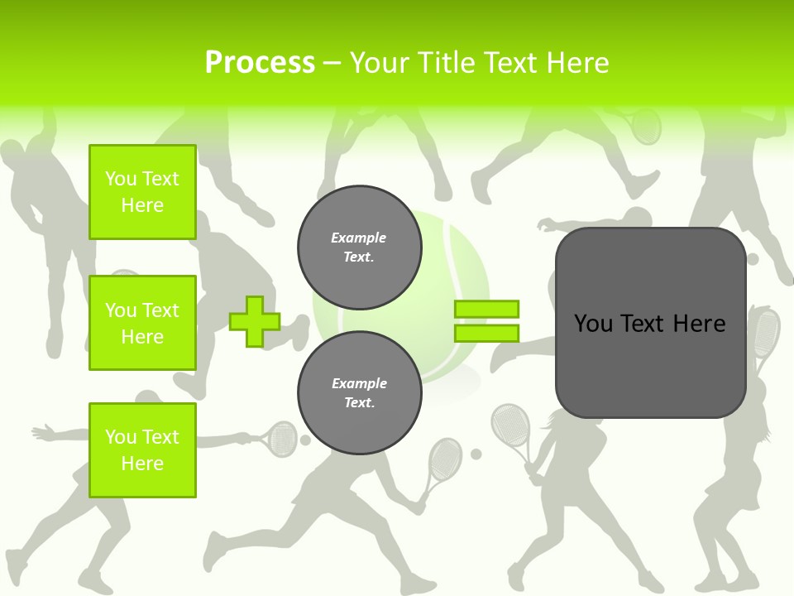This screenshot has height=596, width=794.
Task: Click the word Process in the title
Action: (x=260, y=63)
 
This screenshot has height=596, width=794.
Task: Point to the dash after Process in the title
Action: (x=332, y=64)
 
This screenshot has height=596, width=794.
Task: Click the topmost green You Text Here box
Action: (x=142, y=192)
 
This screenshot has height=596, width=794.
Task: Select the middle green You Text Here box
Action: (x=142, y=323)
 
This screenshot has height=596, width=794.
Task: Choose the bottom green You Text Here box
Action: (x=142, y=449)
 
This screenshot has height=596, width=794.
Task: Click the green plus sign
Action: (x=255, y=321)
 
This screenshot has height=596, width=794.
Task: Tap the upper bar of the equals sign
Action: (x=486, y=309)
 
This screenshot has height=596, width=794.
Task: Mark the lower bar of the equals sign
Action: (x=486, y=333)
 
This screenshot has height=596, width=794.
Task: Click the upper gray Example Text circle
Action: (x=359, y=248)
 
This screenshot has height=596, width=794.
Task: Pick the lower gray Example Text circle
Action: (x=359, y=393)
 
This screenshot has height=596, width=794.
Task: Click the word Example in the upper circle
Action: (x=359, y=238)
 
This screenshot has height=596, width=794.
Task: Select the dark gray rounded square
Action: (x=651, y=364)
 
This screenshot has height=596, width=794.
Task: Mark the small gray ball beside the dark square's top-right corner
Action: (x=753, y=259)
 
